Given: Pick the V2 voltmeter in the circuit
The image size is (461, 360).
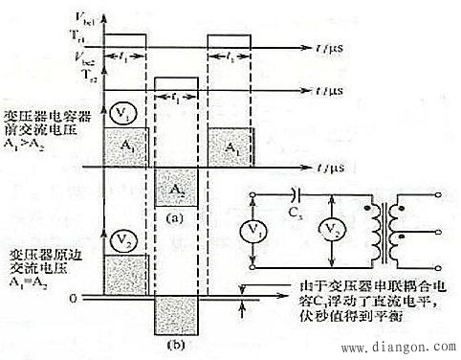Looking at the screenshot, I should (330, 231).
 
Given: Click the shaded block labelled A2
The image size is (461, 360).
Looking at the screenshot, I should (174, 189).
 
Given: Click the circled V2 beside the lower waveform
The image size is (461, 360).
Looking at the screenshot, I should (121, 237).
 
